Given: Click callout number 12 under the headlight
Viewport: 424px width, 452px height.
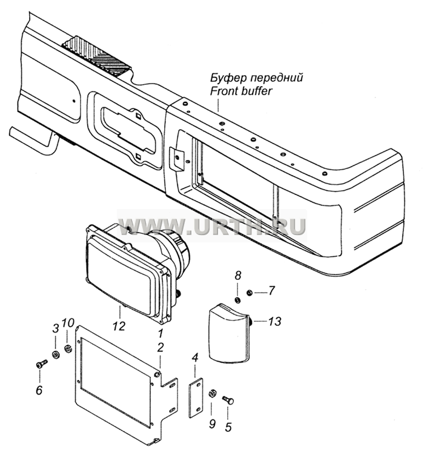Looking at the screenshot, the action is [x=119, y=326].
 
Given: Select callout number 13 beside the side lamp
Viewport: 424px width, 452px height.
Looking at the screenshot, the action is [x=275, y=321].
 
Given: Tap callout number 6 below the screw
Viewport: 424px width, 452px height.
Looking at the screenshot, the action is [x=55, y=328].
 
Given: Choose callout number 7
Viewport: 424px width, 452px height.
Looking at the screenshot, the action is [x=271, y=291].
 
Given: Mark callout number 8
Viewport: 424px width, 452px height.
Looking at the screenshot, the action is [x=237, y=276].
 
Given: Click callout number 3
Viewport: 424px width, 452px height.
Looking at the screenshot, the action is [x=213, y=424].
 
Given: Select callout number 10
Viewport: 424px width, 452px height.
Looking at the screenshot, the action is [x=68, y=323].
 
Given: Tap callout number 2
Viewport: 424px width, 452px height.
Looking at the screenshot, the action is [x=161, y=347].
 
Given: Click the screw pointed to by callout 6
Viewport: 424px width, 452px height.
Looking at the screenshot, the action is [x=42, y=364].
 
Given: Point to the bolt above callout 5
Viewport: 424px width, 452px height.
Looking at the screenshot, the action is [x=228, y=400].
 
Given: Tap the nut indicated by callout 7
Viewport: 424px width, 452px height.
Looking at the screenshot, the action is [x=250, y=293].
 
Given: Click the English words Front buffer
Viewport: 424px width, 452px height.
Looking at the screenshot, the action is [x=241, y=91].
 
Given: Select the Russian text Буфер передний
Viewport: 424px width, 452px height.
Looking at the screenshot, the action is [x=256, y=78].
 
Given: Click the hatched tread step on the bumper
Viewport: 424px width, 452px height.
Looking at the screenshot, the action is [x=96, y=57].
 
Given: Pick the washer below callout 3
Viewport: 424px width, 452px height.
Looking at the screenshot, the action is [x=56, y=354].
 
